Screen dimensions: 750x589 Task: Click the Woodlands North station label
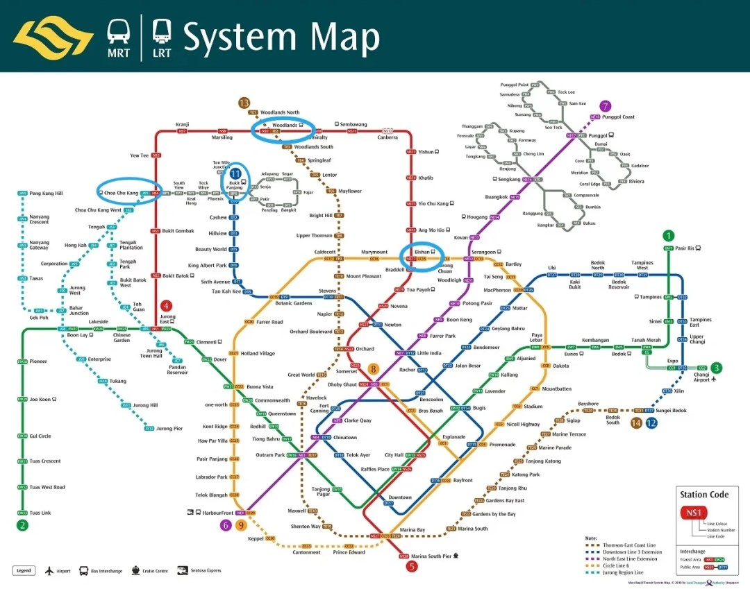[x=280, y=112]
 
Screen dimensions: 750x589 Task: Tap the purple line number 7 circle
[x=606, y=106]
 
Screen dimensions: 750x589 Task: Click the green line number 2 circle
[x=23, y=525]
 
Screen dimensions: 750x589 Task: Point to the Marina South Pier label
[x=431, y=556]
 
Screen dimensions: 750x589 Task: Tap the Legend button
[x=24, y=571]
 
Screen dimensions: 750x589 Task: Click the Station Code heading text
[x=704, y=495]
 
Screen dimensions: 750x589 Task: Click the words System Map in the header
[x=281, y=37]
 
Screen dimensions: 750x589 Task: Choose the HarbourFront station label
[x=218, y=513]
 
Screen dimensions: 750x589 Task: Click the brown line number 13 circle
[x=244, y=103]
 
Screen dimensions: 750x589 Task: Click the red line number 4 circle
[x=166, y=305]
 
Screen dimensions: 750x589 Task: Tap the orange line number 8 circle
[x=374, y=369]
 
